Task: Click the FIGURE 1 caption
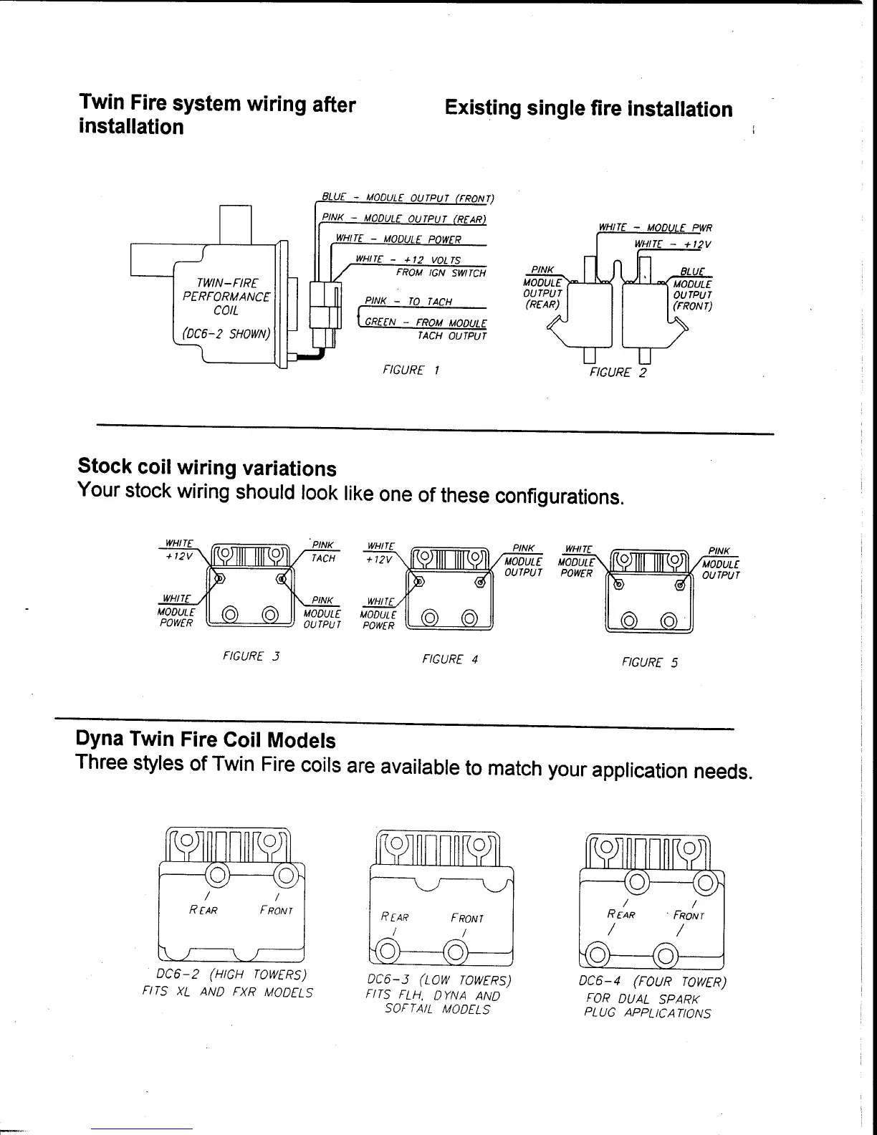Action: pyautogui.click(x=411, y=370)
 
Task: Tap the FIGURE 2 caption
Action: pyautogui.click(x=618, y=373)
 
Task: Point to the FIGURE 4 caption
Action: pyautogui.click(x=450, y=659)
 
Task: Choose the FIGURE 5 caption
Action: pyautogui.click(x=650, y=663)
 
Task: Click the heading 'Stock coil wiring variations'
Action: pyautogui.click(x=206, y=468)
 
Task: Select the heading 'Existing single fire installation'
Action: pyautogui.click(x=588, y=109)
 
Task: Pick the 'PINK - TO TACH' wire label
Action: pyautogui.click(x=408, y=301)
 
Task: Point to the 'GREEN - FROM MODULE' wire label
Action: pyautogui.click(x=426, y=323)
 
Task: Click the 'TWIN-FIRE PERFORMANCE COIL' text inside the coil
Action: pyautogui.click(x=226, y=297)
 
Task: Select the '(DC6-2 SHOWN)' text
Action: pyautogui.click(x=226, y=335)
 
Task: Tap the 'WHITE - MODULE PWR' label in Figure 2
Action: pyautogui.click(x=655, y=229)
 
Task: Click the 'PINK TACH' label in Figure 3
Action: pyautogui.click(x=323, y=552)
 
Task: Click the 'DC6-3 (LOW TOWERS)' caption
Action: pyautogui.click(x=438, y=980)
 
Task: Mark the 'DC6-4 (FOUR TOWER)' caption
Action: pyautogui.click(x=653, y=982)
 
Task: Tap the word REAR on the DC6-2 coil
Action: pyautogui.click(x=203, y=911)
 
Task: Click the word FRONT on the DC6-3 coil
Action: pyautogui.click(x=467, y=918)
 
